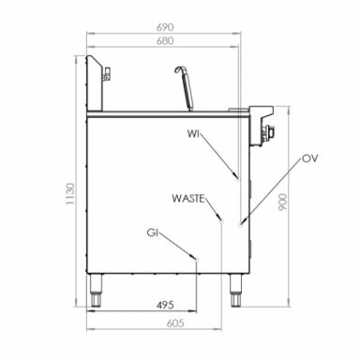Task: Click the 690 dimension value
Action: pyautogui.click(x=165, y=27)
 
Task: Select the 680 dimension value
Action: pyautogui.click(x=165, y=41)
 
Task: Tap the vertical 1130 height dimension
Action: pyautogui.click(x=70, y=194)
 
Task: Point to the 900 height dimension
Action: pyautogui.click(x=282, y=202)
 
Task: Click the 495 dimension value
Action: pyautogui.click(x=165, y=305)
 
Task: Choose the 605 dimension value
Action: pyautogui.click(x=175, y=323)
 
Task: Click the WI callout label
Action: pyautogui.click(x=193, y=134)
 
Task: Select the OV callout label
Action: pyautogui.click(x=310, y=158)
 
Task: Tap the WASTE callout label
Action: pyautogui.click(x=188, y=199)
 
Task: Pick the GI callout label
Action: pyautogui.click(x=152, y=232)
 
